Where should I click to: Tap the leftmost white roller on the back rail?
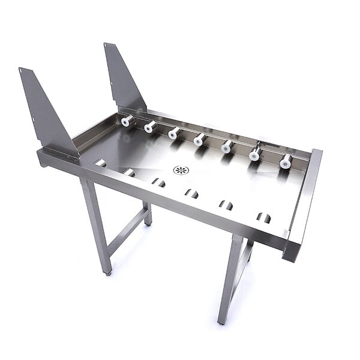127,121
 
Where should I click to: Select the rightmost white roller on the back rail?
286,161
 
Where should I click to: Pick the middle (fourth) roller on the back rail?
199,140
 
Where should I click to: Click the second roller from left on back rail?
150,127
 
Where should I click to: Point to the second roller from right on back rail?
255,154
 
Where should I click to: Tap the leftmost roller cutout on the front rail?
101,163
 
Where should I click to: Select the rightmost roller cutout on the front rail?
263,217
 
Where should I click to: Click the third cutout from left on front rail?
158,182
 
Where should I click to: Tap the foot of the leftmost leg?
109,272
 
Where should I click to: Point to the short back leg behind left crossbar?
148,214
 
